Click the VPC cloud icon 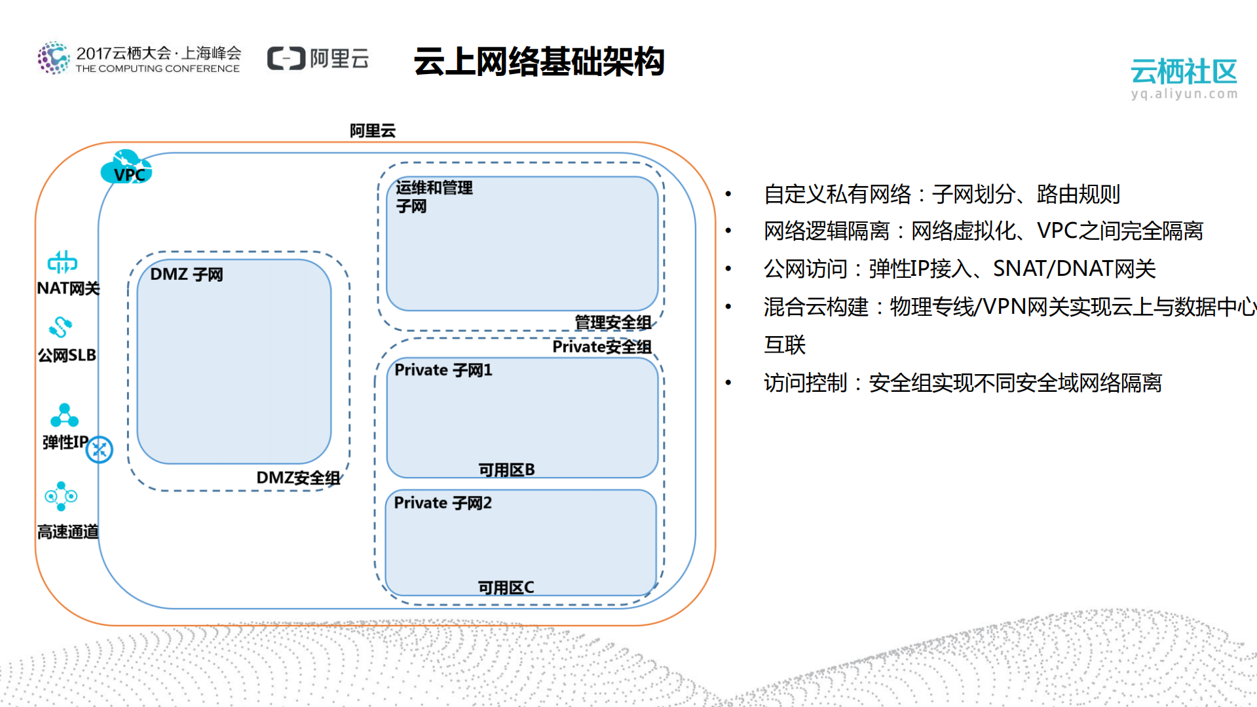(x=126, y=168)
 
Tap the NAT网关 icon (x=62, y=263)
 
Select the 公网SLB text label (x=67, y=355)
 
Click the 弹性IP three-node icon (x=64, y=415)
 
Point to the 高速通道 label (x=67, y=531)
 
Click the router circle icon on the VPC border (x=100, y=449)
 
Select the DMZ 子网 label (x=187, y=275)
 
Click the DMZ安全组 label (x=298, y=478)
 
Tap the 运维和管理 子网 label (x=434, y=197)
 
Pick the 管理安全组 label (x=612, y=322)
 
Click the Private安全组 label (x=601, y=347)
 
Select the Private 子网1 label (x=443, y=370)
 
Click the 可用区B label (x=506, y=470)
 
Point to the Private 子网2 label (x=443, y=503)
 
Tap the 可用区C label (x=506, y=588)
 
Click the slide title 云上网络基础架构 (x=538, y=62)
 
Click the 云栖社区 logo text (x=1183, y=71)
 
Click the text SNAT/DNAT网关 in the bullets (x=1074, y=269)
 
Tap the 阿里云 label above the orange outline (x=372, y=130)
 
